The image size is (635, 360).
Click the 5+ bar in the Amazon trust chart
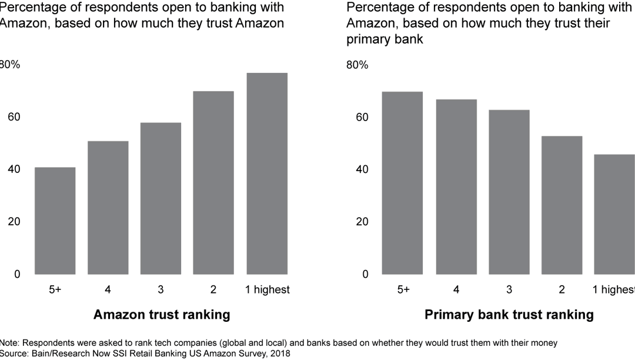pyautogui.click(x=55, y=221)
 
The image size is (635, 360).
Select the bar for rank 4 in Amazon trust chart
pyautogui.click(x=108, y=208)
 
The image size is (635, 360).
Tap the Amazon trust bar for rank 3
pyautogui.click(x=161, y=198)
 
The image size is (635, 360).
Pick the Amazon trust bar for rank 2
pyautogui.click(x=213, y=182)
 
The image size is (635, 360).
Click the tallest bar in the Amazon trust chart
pyautogui.click(x=267, y=174)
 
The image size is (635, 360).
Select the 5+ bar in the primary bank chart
pyautogui.click(x=402, y=183)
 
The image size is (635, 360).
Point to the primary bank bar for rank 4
pyautogui.click(x=456, y=186)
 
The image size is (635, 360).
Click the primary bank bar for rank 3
pyautogui.click(x=509, y=192)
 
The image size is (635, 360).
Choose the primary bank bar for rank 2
pyautogui.click(x=562, y=205)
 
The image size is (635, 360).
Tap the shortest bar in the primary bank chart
pyautogui.click(x=615, y=214)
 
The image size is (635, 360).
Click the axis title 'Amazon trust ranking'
pyautogui.click(x=162, y=315)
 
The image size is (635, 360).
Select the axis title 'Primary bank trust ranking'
pyautogui.click(x=509, y=315)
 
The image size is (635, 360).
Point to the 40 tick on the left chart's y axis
pyautogui.click(x=13, y=169)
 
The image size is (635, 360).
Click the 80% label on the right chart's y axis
pyautogui.click(x=357, y=65)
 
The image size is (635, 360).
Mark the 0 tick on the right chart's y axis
pyautogui.click(x=365, y=274)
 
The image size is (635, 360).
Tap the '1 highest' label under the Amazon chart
pyautogui.click(x=268, y=289)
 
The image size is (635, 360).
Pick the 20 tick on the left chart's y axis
pyautogui.click(x=13, y=222)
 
